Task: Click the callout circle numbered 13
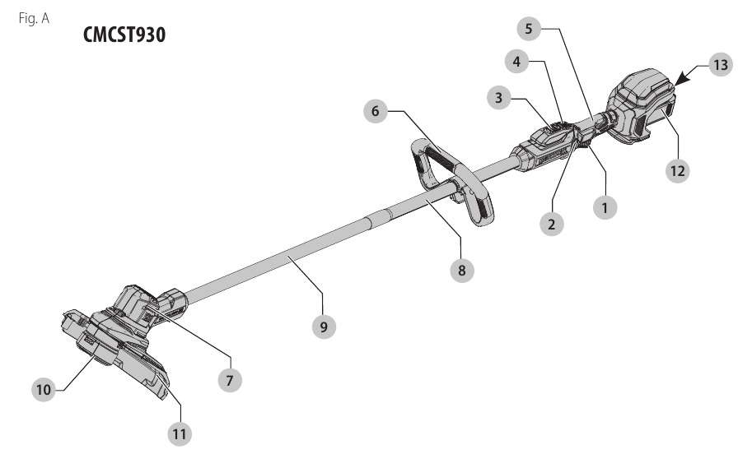point(721,65)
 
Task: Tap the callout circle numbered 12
point(678,170)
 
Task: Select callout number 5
point(529,29)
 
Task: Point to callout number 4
point(516,62)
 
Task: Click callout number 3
point(499,98)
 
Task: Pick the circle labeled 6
point(376,111)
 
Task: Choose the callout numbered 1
point(605,207)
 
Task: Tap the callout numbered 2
point(552,225)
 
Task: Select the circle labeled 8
point(462,271)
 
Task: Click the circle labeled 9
point(324,327)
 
